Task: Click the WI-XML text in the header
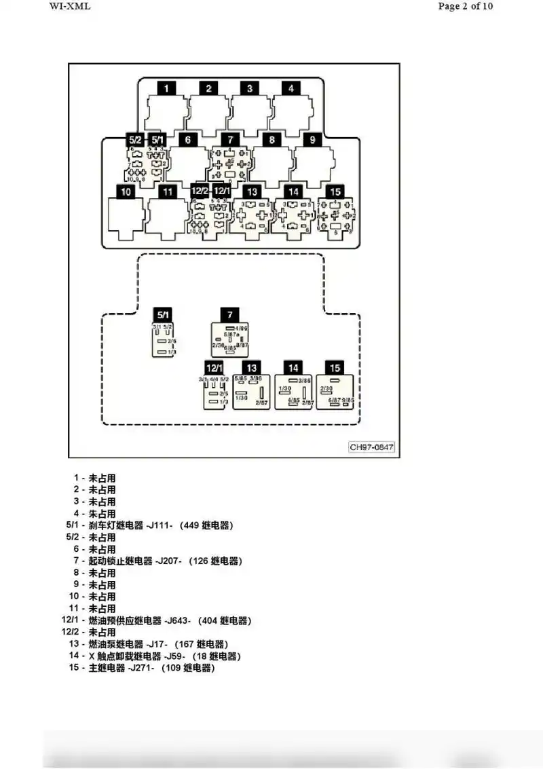click(x=69, y=7)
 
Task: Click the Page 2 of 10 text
click(x=466, y=7)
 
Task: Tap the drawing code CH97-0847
click(x=371, y=447)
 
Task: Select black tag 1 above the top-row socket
click(x=166, y=88)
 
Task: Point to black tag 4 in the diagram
click(x=291, y=88)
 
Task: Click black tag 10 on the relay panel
click(x=125, y=192)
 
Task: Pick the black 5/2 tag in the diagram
click(x=134, y=140)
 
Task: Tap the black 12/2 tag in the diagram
click(x=200, y=192)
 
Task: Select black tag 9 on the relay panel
click(x=312, y=140)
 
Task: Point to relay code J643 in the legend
click(x=177, y=620)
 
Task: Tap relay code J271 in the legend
click(x=141, y=668)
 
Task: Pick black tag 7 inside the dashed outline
click(x=229, y=314)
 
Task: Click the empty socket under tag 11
click(x=168, y=219)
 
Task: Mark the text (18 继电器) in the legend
click(x=216, y=656)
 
